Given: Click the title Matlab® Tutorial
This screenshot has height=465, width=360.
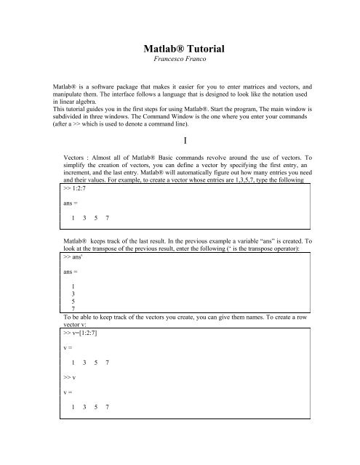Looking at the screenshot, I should click(x=180, y=49).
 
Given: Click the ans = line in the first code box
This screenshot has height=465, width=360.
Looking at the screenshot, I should click(x=71, y=204).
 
